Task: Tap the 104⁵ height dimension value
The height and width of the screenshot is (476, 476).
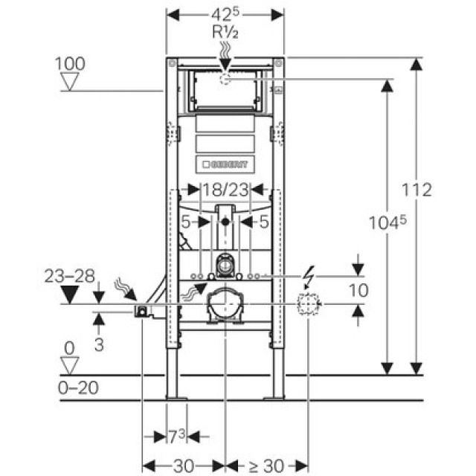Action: click(387, 221)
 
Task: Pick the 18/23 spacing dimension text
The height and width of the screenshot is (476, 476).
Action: click(226, 190)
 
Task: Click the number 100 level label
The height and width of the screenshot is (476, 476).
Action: click(71, 64)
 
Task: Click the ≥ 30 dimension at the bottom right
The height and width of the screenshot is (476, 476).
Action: click(266, 466)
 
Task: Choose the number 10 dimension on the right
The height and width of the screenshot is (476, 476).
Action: click(358, 290)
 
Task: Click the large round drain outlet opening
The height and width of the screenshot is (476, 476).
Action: click(225, 306)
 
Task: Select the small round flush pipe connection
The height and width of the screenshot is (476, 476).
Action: click(225, 263)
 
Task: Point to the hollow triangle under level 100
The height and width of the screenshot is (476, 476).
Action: click(71, 81)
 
